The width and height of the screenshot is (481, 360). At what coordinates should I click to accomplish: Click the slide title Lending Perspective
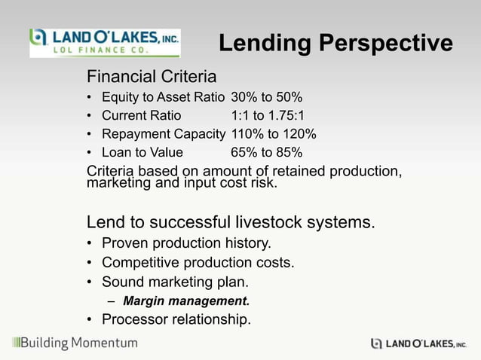[x=335, y=44]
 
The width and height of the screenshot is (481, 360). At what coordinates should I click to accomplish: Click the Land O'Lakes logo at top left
[x=104, y=43]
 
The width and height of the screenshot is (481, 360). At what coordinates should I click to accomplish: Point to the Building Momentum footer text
[x=75, y=343]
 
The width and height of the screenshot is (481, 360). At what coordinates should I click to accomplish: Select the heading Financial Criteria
[x=152, y=77]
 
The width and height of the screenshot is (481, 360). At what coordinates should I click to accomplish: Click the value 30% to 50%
[x=266, y=97]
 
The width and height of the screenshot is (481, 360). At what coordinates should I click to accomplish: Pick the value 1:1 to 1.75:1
[x=268, y=116]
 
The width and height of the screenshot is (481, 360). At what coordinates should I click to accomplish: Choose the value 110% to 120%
[x=273, y=135]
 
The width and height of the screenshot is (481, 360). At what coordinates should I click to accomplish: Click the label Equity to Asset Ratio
[x=163, y=97]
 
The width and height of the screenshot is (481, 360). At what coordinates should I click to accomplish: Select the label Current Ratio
[x=141, y=116]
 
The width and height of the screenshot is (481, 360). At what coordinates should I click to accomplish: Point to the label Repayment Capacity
[x=163, y=135]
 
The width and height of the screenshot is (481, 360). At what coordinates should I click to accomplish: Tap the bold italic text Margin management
[x=186, y=301]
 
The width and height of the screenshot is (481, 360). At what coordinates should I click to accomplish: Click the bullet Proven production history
[x=186, y=243]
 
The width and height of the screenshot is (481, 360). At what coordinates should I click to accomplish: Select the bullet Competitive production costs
[x=198, y=263]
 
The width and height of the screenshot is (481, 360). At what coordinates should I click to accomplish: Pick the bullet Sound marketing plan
[x=175, y=282]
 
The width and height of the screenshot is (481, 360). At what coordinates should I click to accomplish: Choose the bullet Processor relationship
[x=176, y=320]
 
